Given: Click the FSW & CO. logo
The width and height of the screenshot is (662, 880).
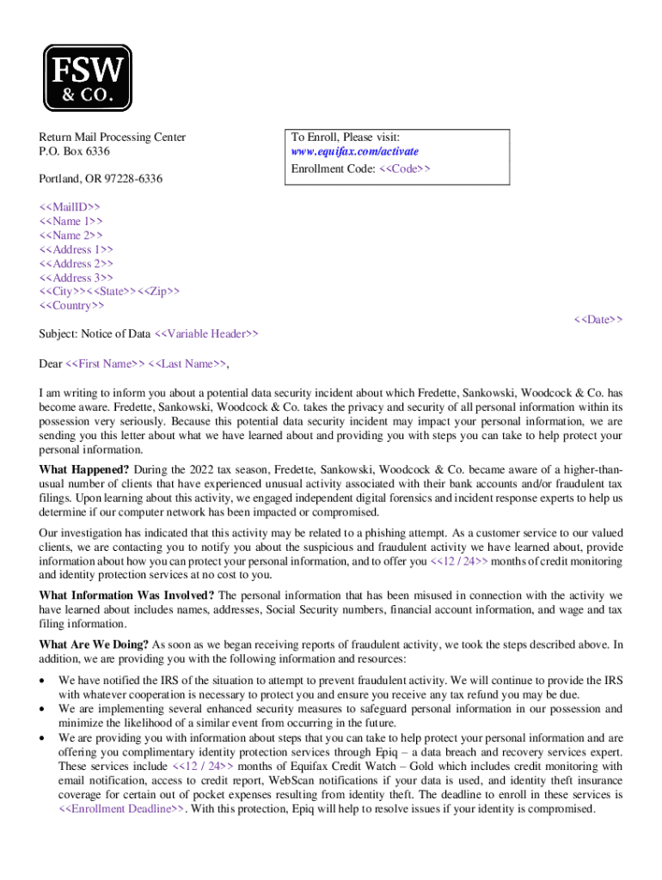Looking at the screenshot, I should point(88,78).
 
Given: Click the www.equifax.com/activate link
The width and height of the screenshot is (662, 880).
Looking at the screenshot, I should point(354,152).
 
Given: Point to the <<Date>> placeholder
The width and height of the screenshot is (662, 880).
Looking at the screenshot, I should point(598,320).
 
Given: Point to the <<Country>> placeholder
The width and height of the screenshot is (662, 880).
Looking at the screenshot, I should point(71,305).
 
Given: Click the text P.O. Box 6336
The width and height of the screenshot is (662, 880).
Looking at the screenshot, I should point(75,152).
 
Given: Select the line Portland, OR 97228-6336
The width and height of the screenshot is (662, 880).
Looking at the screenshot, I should point(101,180).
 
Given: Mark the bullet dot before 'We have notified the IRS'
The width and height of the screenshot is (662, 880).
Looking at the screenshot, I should point(44,681).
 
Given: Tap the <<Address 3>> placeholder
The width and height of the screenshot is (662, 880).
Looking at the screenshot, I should point(76,278).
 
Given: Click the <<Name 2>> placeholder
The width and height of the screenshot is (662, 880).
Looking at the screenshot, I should point(70,235).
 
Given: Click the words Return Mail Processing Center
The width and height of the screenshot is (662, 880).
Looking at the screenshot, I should point(112,137).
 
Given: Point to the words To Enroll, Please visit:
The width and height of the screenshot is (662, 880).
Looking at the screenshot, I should point(345,137).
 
